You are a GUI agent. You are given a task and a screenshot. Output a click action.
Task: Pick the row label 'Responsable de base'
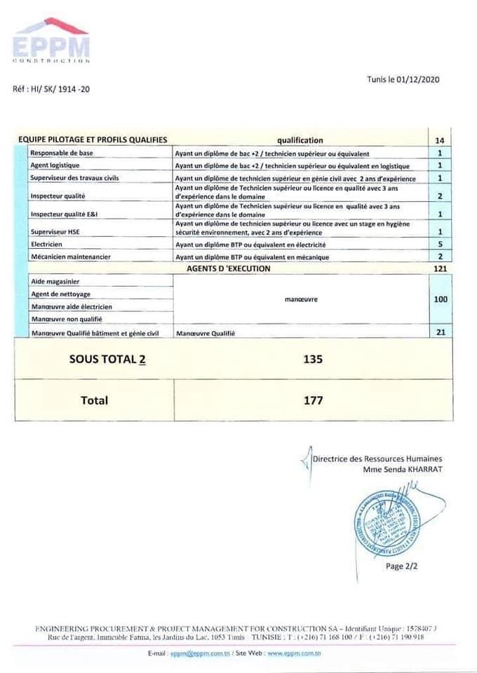[62, 153]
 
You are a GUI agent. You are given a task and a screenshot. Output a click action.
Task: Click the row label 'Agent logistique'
[55, 165]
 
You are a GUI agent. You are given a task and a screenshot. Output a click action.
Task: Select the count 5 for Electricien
[439, 245]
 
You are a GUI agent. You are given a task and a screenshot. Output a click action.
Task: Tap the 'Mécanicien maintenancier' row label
[70, 257]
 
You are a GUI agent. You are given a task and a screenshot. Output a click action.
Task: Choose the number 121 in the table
[440, 268]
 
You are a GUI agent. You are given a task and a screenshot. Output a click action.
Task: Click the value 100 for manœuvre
[440, 299]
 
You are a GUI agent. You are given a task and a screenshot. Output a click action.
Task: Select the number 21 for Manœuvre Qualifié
[440, 332]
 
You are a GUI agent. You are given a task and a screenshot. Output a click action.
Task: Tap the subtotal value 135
[313, 359]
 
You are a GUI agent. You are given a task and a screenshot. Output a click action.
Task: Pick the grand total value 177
[313, 400]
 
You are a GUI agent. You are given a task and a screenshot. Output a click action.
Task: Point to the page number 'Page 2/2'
[401, 566]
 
